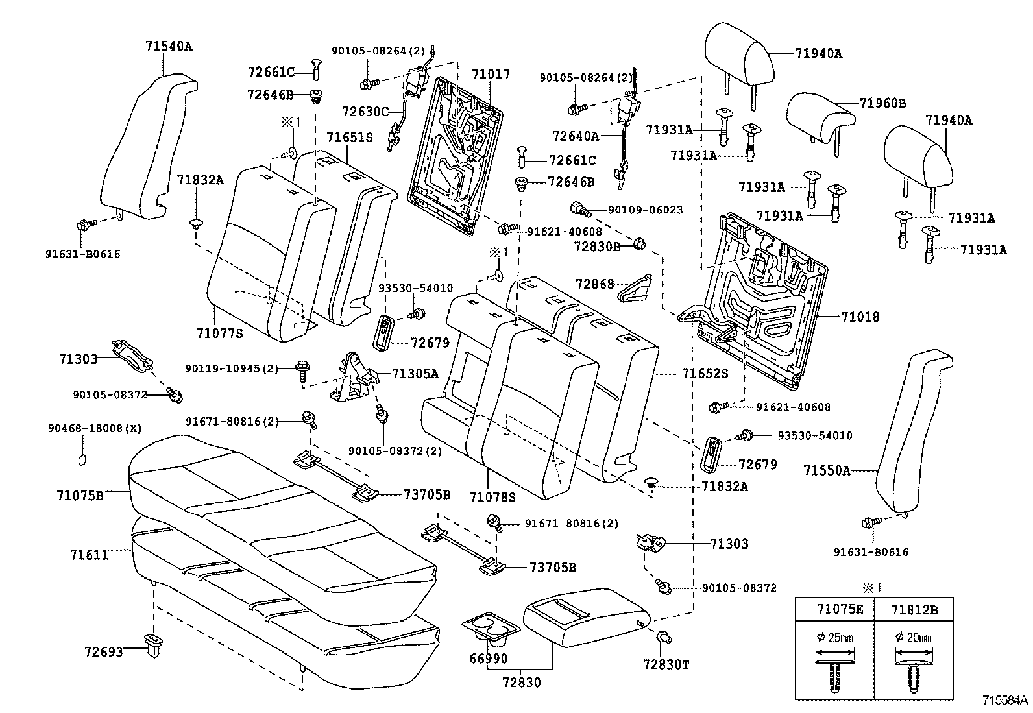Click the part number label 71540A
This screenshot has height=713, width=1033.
pyautogui.click(x=169, y=46)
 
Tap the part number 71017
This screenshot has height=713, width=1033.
pyautogui.click(x=491, y=74)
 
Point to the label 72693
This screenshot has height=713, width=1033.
pyautogui.click(x=104, y=651)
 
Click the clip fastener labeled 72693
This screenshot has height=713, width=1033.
pyautogui.click(x=154, y=645)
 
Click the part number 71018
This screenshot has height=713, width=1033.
pyautogui.click(x=860, y=317)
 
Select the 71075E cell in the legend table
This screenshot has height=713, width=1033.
pyautogui.click(x=840, y=609)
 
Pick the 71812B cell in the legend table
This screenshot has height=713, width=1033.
pyautogui.click(x=914, y=610)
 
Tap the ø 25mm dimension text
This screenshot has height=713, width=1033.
pyautogui.click(x=834, y=638)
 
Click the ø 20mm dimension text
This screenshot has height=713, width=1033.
pyautogui.click(x=913, y=638)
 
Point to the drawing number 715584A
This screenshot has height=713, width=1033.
pyautogui.click(x=1005, y=700)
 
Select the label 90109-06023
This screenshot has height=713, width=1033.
pyautogui.click(x=645, y=210)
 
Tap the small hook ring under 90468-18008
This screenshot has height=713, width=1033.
pyautogui.click(x=82, y=460)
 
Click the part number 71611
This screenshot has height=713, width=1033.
pyautogui.click(x=89, y=554)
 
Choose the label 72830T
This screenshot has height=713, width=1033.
pyautogui.click(x=666, y=664)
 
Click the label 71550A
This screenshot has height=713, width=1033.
pyautogui.click(x=827, y=470)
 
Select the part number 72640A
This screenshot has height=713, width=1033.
pyautogui.click(x=576, y=136)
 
